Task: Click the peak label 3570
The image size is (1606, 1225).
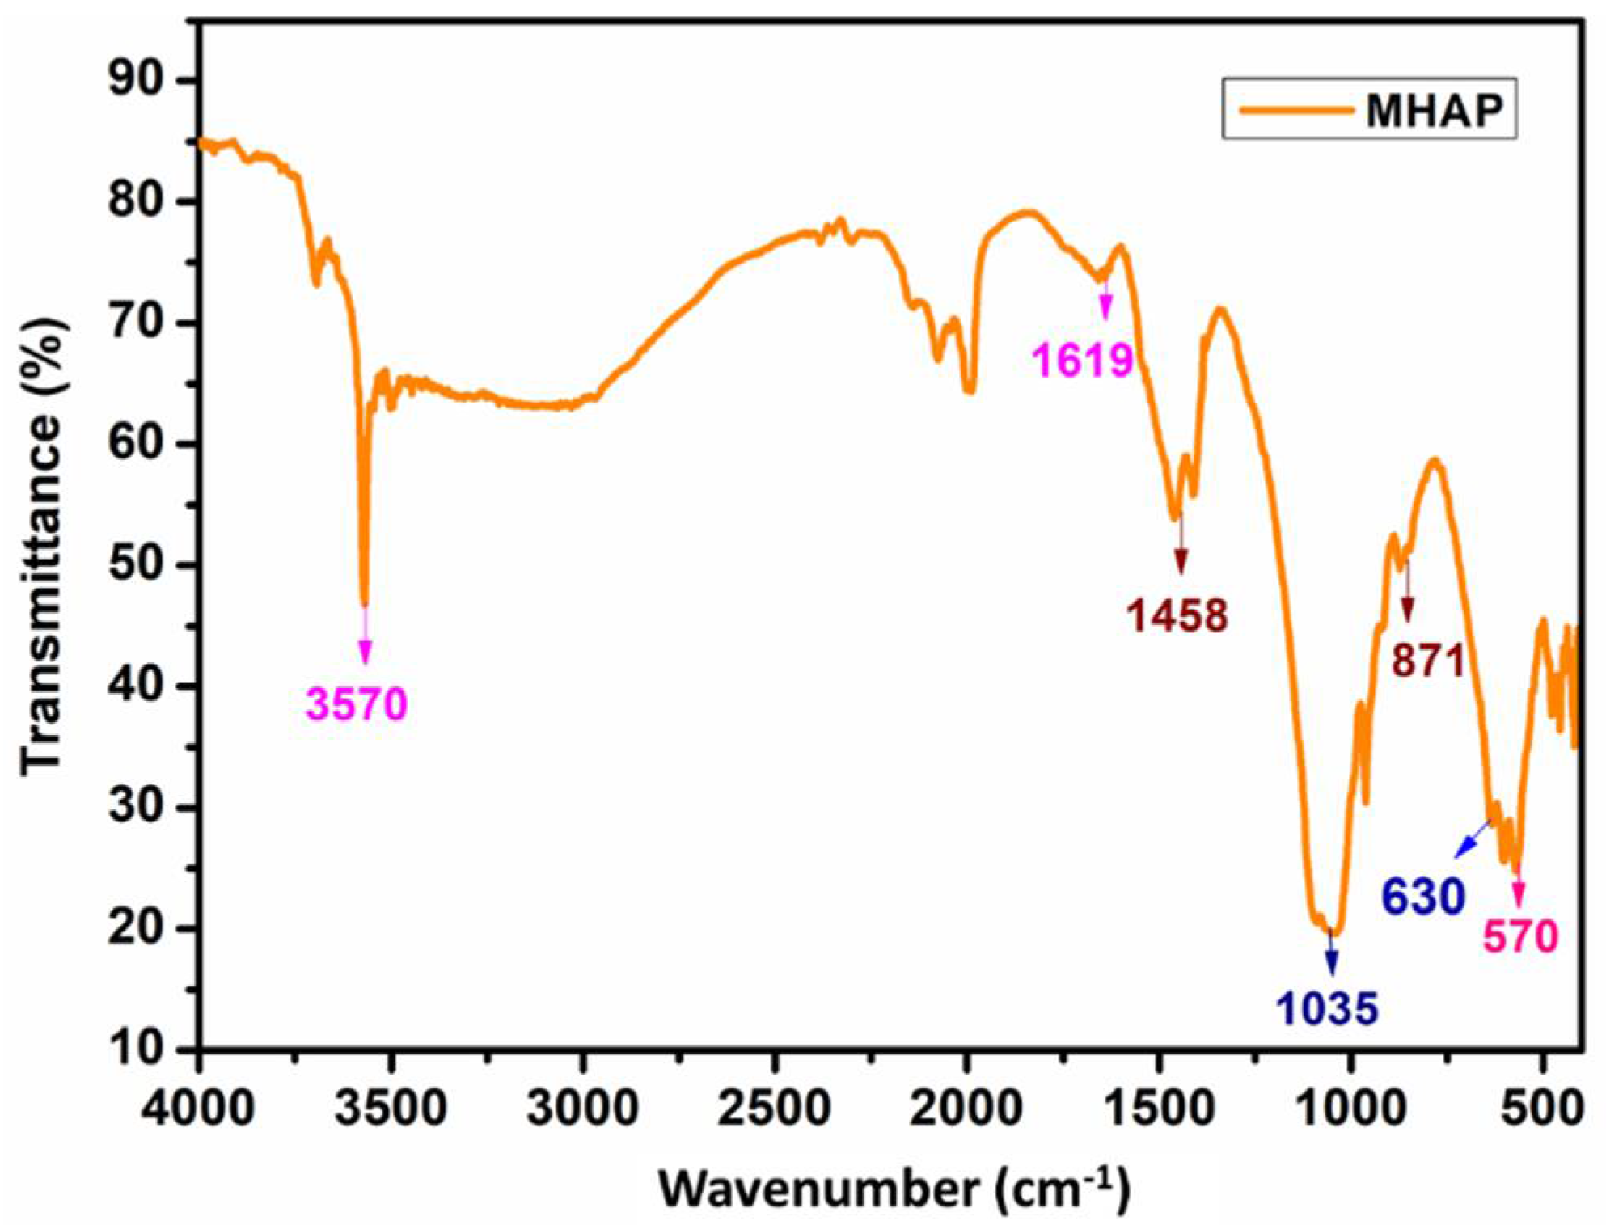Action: [x=357, y=704]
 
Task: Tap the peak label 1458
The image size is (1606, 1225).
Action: [x=1177, y=615]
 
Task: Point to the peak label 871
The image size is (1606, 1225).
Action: [x=1428, y=661]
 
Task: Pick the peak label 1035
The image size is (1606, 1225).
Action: [x=1327, y=1008]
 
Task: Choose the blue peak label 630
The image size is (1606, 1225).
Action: [x=1423, y=896]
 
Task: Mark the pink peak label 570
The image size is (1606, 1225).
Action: [x=1520, y=937]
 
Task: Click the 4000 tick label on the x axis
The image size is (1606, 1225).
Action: [x=198, y=1105]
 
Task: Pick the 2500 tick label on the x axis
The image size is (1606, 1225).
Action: [x=774, y=1105]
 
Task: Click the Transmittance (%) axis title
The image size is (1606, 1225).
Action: [x=42, y=550]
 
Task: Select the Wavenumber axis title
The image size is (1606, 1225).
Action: [x=894, y=1189]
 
